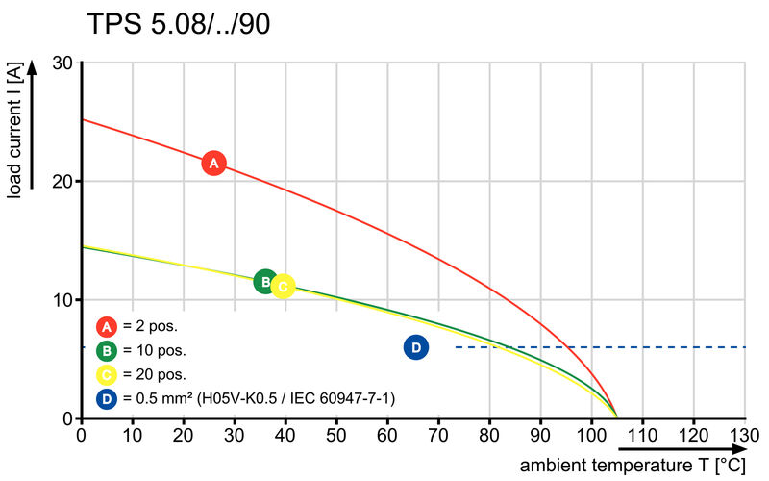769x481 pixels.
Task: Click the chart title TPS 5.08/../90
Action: (179, 24)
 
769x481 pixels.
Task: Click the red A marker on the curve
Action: (214, 164)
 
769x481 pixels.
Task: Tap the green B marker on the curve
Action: (265, 281)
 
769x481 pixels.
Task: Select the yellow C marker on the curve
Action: (283, 286)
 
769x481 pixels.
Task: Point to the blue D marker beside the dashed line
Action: (415, 347)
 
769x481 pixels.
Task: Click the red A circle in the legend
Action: (107, 325)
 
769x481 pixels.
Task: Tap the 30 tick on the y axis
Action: (63, 63)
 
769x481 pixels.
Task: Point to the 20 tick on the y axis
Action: (63, 181)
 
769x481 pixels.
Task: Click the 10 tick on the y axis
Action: (63, 300)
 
